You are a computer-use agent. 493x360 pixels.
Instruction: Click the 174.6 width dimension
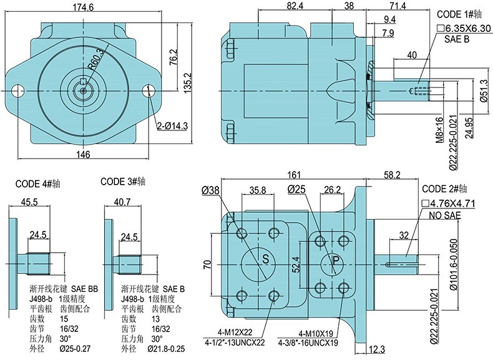click(83, 7)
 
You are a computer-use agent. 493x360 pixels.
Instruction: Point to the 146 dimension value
click(83, 154)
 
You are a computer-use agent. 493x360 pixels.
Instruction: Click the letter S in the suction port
click(265, 259)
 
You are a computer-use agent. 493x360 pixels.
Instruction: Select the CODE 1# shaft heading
click(459, 14)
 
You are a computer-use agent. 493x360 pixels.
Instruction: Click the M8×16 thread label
click(439, 129)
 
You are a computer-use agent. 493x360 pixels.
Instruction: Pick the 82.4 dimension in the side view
click(295, 6)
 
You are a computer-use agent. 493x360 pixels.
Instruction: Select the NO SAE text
click(444, 215)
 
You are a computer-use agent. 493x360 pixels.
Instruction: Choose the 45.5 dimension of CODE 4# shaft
click(29, 202)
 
